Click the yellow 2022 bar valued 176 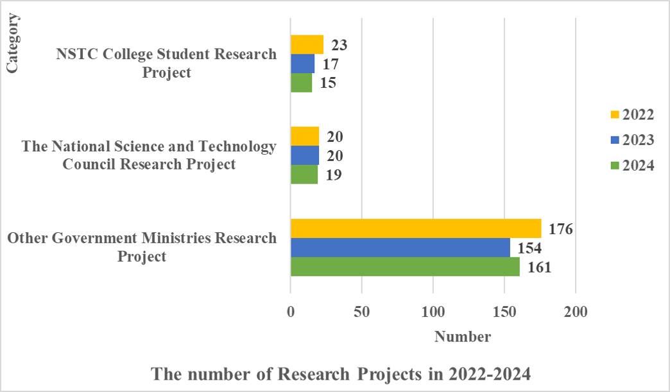pyautogui.click(x=415, y=228)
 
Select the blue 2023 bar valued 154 pyautogui.click(x=400, y=248)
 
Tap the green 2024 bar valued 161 pyautogui.click(x=405, y=267)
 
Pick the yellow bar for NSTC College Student pyautogui.click(x=307, y=45)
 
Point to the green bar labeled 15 pyautogui.click(x=301, y=83)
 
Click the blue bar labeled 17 pyautogui.click(x=302, y=64)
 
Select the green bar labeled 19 pyautogui.click(x=304, y=175)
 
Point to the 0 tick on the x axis pyautogui.click(x=291, y=312)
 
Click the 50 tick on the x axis pyautogui.click(x=362, y=312)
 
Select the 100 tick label pyautogui.click(x=433, y=312)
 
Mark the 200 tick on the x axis pyautogui.click(x=576, y=312)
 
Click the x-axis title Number pyautogui.click(x=463, y=337)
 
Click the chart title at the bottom pyautogui.click(x=341, y=374)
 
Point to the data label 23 pyautogui.click(x=339, y=46)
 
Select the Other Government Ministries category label pyautogui.click(x=142, y=247)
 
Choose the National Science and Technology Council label pyautogui.click(x=149, y=155)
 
